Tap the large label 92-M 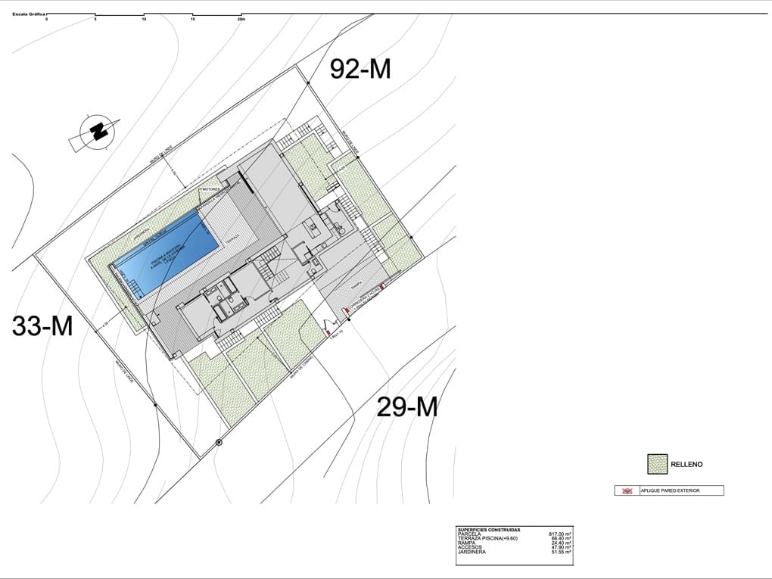(x=360, y=69)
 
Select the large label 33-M (x=42, y=326)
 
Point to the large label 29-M (x=407, y=407)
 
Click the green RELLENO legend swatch (x=656, y=463)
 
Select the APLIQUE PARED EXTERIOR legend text (x=670, y=490)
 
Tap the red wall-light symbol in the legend (x=627, y=490)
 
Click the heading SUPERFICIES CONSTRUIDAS (x=488, y=529)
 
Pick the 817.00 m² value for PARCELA (x=559, y=534)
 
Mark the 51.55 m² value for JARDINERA (x=561, y=553)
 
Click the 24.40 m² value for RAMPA (x=561, y=543)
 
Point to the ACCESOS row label (x=471, y=548)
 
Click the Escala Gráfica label (x=28, y=14)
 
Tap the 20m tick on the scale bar (x=241, y=20)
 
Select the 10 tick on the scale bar (x=144, y=20)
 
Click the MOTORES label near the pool (x=210, y=189)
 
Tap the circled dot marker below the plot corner (x=219, y=442)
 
